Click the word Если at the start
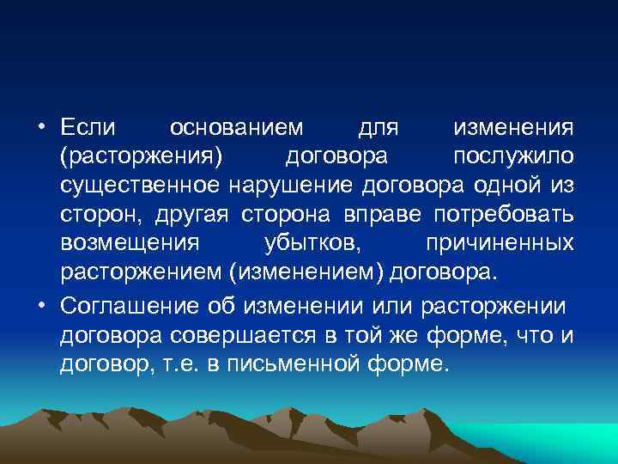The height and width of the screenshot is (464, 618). coord(86,128)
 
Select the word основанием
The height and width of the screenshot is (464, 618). coord(237,128)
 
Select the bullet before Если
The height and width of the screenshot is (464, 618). coord(41,128)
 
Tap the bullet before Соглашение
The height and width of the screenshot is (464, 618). coord(41,307)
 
